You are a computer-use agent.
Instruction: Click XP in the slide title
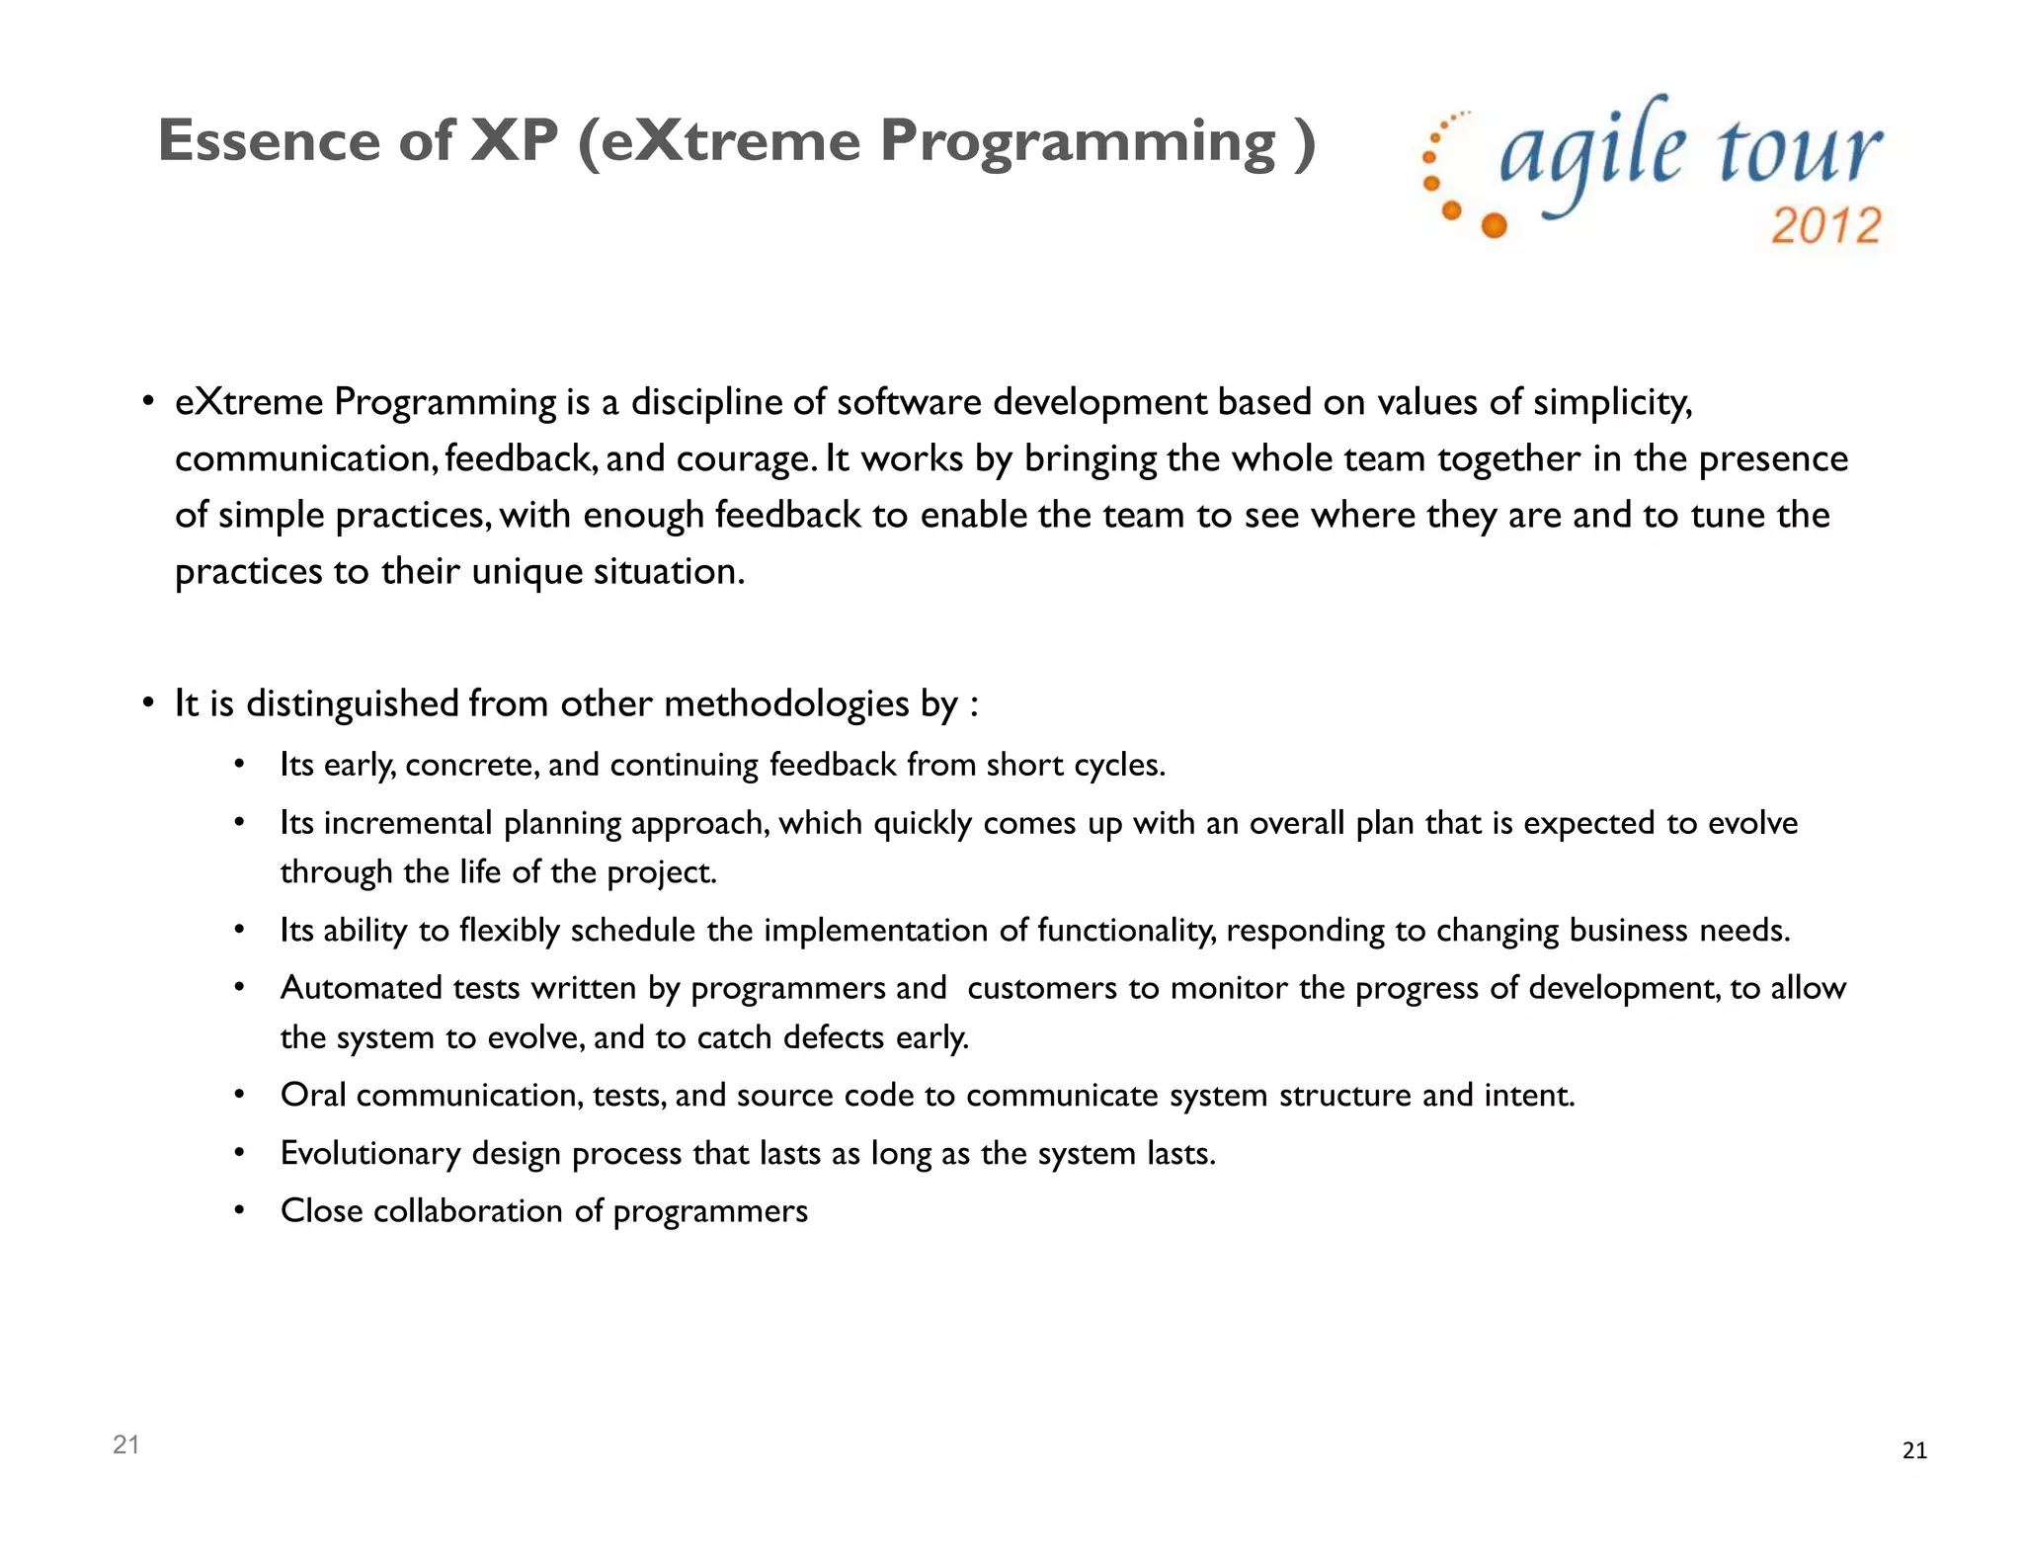(x=515, y=141)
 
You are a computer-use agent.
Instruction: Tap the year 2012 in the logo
(x=1825, y=226)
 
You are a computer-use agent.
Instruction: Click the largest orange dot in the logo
(x=1495, y=226)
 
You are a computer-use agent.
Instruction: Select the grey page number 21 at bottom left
(x=125, y=1444)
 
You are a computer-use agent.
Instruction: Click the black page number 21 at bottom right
(x=1913, y=1450)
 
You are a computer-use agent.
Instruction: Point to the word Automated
(x=361, y=988)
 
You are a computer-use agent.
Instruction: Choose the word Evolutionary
(x=369, y=1153)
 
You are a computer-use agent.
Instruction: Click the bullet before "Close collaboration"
(x=238, y=1211)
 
